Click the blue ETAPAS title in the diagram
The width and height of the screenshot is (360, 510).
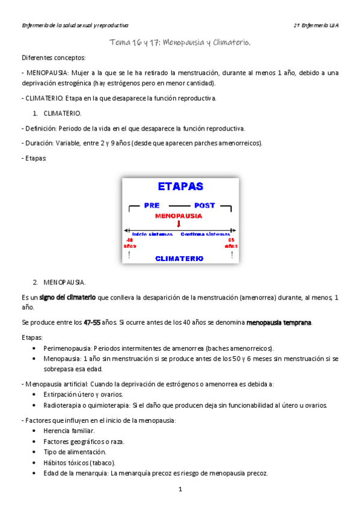pyautogui.click(x=180, y=187)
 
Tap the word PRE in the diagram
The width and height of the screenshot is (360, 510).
pyautogui.click(x=151, y=206)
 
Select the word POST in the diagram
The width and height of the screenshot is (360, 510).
pyautogui.click(x=204, y=206)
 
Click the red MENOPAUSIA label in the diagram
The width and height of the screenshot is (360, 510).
pyautogui.click(x=178, y=215)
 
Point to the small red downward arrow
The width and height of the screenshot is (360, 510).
pyautogui.click(x=178, y=224)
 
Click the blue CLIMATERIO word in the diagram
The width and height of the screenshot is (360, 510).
pyautogui.click(x=179, y=258)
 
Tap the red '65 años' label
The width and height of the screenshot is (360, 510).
pyautogui.click(x=231, y=243)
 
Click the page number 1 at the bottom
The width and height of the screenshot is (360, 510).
pyautogui.click(x=180, y=490)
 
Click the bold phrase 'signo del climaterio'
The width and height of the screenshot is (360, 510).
pyautogui.click(x=67, y=297)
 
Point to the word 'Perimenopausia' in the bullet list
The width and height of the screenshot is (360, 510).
pyautogui.click(x=64, y=348)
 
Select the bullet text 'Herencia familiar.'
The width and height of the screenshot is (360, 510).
pyautogui.click(x=69, y=431)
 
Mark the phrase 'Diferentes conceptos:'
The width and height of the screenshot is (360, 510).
pyautogui.click(x=53, y=58)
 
